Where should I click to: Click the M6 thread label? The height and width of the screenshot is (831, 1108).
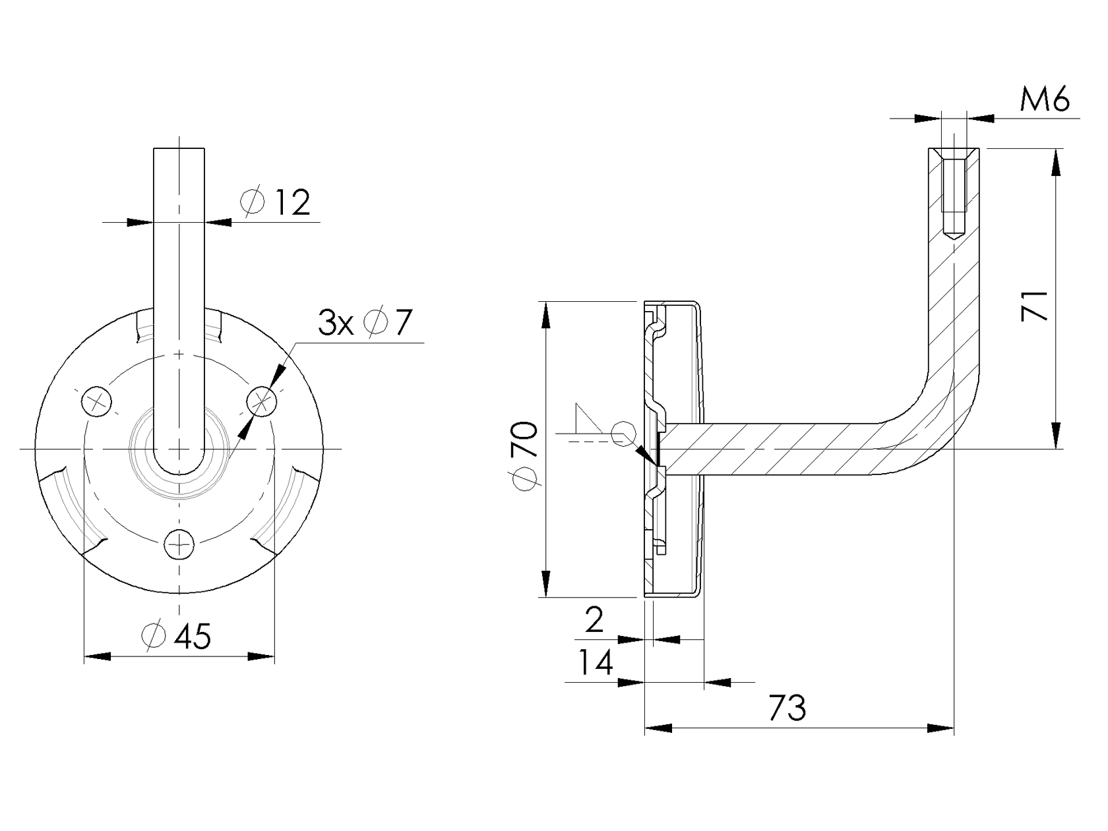(x=1044, y=100)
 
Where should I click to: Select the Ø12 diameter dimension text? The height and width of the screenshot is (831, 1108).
(x=276, y=202)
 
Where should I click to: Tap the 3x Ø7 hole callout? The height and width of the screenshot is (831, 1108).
(x=365, y=323)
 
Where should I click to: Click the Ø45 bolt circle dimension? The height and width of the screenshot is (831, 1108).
(x=177, y=636)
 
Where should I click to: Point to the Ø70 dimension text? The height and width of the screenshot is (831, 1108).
(x=526, y=455)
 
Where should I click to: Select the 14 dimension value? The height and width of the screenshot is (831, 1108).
(x=596, y=663)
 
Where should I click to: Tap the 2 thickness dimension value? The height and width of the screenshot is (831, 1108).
(x=594, y=620)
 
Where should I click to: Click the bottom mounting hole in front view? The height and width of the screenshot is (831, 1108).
(x=179, y=544)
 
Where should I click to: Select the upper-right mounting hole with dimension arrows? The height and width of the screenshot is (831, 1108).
(x=262, y=400)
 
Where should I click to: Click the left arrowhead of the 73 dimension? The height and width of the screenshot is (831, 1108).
(x=657, y=728)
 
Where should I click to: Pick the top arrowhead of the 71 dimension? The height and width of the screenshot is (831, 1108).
(x=1056, y=162)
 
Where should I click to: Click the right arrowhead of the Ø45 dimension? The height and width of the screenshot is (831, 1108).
(x=262, y=656)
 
